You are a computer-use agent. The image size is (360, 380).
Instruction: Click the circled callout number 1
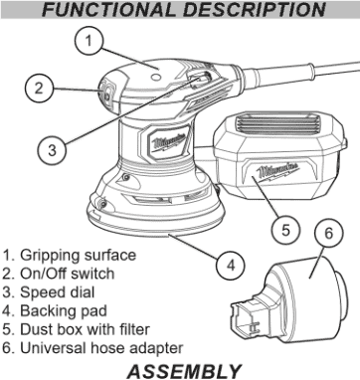point(89,41)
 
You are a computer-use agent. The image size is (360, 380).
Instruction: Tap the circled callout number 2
point(39,89)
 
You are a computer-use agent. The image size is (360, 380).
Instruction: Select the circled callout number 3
point(52,150)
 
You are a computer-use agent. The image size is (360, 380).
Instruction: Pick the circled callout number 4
point(231,266)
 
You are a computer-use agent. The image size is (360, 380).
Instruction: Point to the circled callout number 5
point(285,230)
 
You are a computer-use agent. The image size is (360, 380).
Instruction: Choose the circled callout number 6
point(328,233)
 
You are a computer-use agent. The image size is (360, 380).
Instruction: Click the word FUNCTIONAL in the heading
point(108,10)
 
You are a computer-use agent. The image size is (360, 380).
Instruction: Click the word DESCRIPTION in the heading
point(254,10)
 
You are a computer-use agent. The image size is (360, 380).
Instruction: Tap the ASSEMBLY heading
point(184,371)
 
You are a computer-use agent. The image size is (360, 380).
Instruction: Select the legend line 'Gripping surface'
point(70,256)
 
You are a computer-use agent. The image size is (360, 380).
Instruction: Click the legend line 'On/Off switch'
point(59,274)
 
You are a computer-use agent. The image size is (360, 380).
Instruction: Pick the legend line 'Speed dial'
point(49,292)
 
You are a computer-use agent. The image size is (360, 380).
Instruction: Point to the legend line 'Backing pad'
point(55,311)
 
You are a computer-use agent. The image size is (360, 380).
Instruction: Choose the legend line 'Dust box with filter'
point(76,329)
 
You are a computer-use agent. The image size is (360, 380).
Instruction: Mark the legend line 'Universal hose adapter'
point(92,348)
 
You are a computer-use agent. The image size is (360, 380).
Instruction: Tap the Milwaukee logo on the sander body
point(168,143)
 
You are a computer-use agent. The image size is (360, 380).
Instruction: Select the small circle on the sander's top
point(155,77)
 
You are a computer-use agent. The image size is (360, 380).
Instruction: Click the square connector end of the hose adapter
point(246,319)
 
